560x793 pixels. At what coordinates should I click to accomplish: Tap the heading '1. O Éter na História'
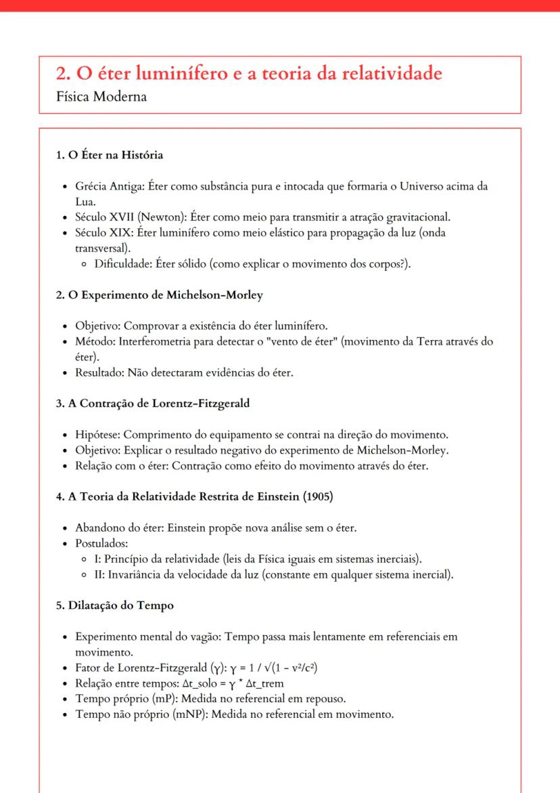tap(110, 155)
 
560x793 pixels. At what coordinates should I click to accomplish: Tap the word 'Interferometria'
tap(155, 341)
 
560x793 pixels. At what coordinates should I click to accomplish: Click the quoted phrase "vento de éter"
tap(301, 341)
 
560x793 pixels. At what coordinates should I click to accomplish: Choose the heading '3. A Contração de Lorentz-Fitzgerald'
tap(153, 404)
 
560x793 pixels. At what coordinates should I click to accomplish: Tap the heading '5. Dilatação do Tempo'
tap(115, 606)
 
